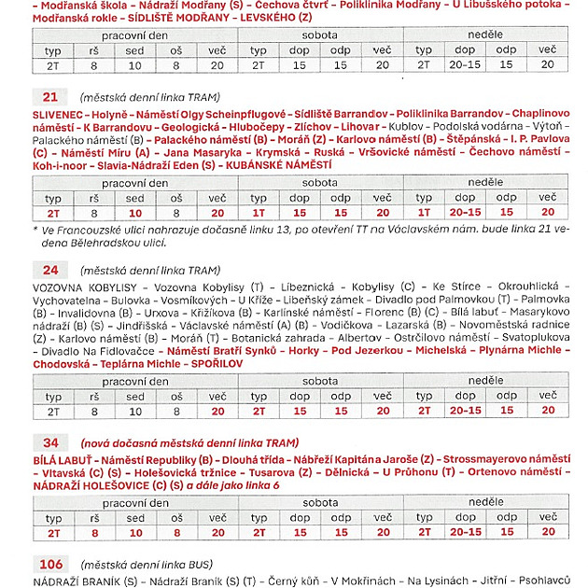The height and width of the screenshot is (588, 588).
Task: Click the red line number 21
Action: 49,96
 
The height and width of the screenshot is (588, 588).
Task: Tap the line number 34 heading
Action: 49,442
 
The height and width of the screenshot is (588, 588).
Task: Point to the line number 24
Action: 49,270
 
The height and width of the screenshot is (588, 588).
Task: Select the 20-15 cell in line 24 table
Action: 465,410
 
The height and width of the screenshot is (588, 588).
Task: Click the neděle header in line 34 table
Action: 485,502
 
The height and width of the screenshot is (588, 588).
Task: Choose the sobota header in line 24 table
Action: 320,381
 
